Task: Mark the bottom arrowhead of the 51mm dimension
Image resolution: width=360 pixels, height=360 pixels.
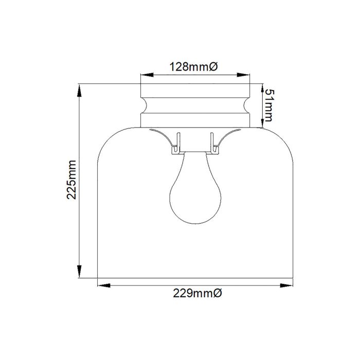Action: pyautogui.click(x=262, y=122)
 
